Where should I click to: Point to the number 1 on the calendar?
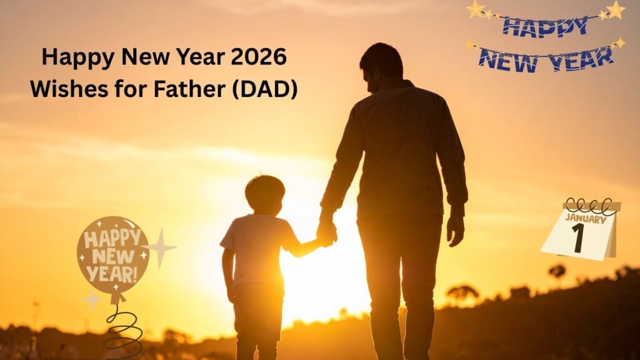click(578, 238)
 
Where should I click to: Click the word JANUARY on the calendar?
click(585, 219)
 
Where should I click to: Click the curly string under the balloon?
click(122, 328)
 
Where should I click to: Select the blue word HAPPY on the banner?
click(544, 27)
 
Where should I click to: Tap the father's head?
click(381, 66)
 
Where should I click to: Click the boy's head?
click(264, 194)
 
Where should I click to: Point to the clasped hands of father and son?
click(326, 233)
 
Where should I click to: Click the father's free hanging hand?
click(455, 229)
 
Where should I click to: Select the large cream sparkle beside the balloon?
click(161, 248)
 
